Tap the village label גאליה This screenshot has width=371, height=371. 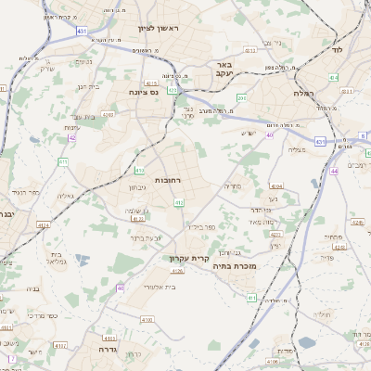tap(66, 196)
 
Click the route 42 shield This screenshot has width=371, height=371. tap(72, 137)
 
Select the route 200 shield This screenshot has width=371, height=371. tap(242, 97)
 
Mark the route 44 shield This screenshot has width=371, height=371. tap(333, 172)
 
